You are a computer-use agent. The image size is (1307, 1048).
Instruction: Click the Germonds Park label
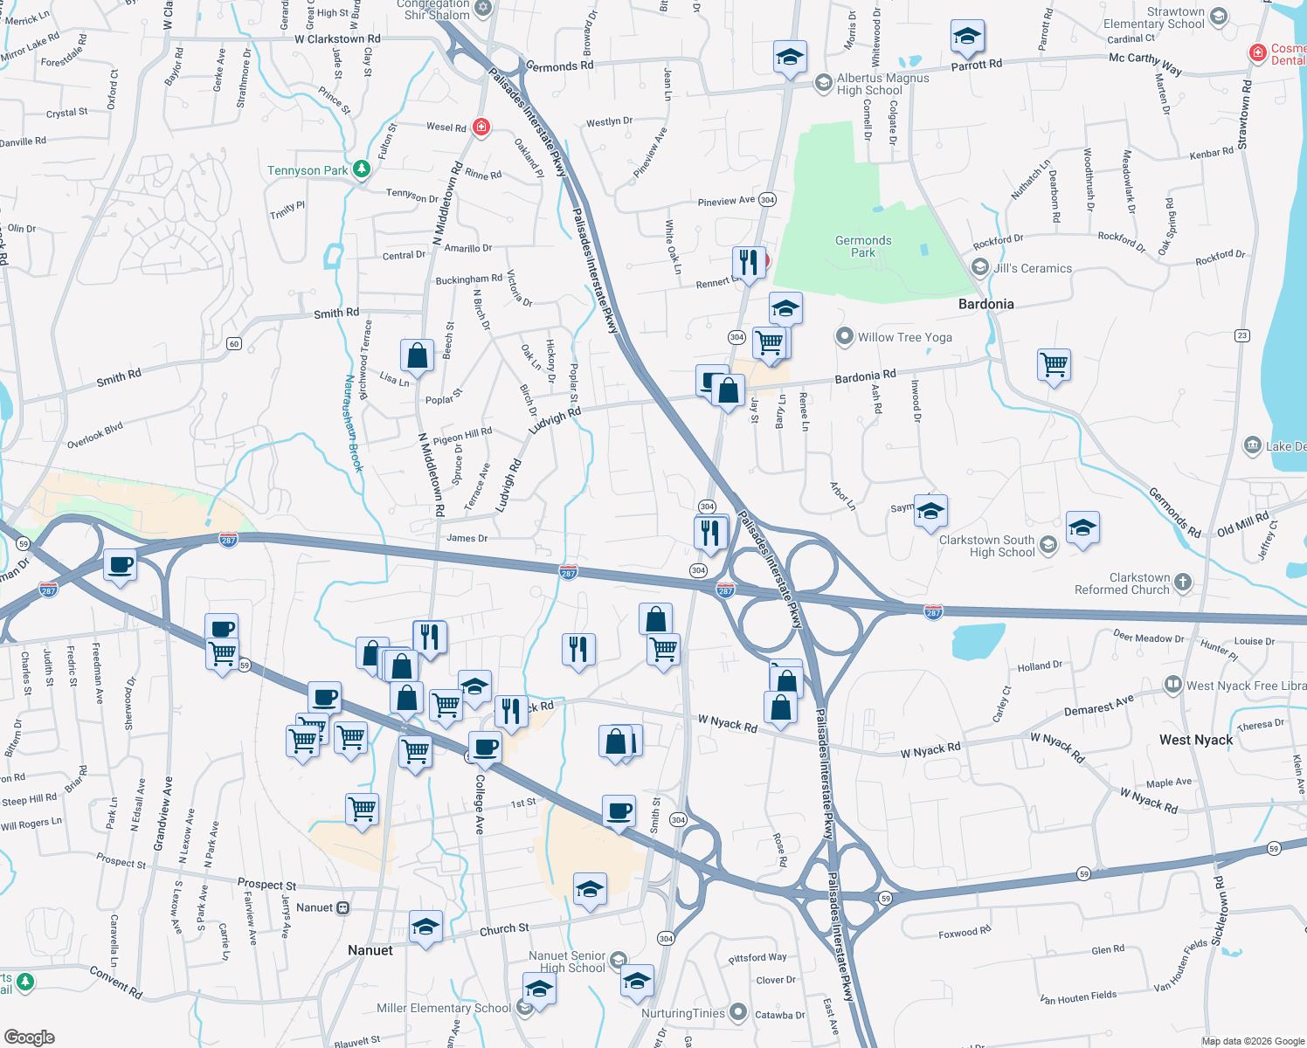[863, 246]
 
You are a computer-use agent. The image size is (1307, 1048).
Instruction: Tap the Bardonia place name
[985, 304]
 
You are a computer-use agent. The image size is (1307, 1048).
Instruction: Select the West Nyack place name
[1195, 740]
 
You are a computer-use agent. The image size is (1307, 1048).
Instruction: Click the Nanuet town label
[370, 950]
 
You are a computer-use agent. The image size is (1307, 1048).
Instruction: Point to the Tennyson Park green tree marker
[362, 170]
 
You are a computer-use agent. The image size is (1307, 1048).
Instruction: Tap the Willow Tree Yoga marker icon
[844, 337]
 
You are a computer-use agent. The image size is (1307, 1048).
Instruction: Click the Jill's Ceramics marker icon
[980, 267]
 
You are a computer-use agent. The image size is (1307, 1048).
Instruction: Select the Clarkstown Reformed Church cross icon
[1183, 583]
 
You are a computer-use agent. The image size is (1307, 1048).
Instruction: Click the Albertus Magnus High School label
[882, 84]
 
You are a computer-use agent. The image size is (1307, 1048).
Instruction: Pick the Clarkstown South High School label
[986, 546]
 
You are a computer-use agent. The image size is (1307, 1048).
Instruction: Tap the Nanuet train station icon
[343, 907]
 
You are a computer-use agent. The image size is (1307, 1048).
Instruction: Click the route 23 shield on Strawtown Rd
[1242, 335]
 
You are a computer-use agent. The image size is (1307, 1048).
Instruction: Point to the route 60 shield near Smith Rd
[234, 344]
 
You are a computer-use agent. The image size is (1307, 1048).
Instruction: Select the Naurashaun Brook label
[353, 424]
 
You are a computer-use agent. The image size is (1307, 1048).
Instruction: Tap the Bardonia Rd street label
[865, 376]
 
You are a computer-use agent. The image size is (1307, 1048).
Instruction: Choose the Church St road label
[504, 929]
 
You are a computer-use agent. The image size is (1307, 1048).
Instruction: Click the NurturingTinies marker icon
[738, 1013]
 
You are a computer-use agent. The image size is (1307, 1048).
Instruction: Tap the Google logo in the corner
[30, 1038]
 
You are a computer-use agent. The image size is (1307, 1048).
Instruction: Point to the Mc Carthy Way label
[1144, 63]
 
